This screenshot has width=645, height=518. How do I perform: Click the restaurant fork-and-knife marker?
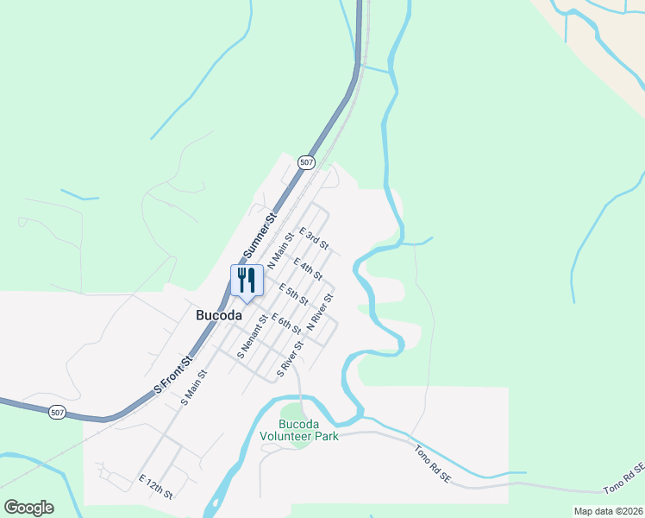click(247, 281)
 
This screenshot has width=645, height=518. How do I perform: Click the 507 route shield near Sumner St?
click(307, 162)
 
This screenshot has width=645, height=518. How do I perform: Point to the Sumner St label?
click(258, 237)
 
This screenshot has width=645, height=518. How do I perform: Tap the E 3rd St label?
click(314, 239)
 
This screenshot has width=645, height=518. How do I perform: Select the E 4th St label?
click(307, 268)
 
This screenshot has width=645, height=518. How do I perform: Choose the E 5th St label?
click(293, 294)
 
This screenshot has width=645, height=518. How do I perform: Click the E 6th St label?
click(285, 324)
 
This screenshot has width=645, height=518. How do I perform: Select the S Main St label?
click(196, 388)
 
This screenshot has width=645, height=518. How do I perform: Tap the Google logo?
click(28, 508)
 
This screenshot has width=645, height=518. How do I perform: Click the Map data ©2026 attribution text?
click(608, 511)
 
